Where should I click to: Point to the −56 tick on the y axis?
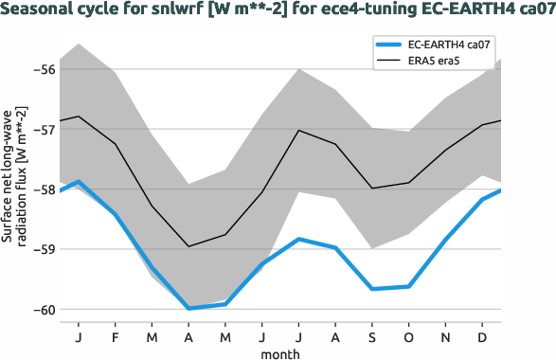(x=44, y=69)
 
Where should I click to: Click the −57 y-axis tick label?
(x=44, y=130)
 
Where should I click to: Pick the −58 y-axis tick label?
(x=44, y=189)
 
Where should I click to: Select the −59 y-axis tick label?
(x=44, y=249)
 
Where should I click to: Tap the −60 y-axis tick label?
(x=44, y=309)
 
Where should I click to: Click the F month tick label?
(x=116, y=337)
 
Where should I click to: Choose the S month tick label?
(x=372, y=337)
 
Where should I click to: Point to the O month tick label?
(x=409, y=337)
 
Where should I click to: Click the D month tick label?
(x=482, y=337)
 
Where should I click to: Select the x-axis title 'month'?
(x=281, y=352)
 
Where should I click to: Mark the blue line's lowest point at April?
(x=188, y=308)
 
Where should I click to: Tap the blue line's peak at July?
(x=299, y=239)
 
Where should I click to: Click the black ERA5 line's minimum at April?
(x=188, y=246)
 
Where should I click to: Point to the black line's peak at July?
(x=299, y=130)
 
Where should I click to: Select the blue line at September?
(x=372, y=289)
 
